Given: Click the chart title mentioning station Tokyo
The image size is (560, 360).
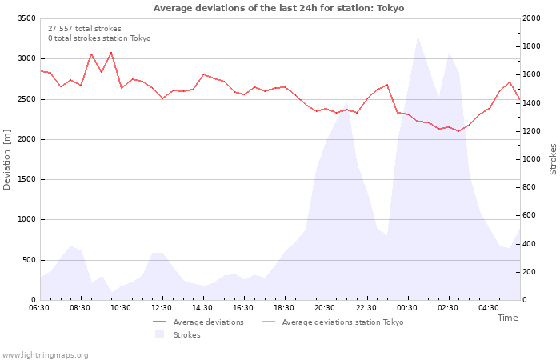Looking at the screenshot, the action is coord(279,8).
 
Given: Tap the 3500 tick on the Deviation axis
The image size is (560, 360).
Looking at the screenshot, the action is coord(26,18).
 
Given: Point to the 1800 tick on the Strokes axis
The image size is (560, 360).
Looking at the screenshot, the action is coord(531,46).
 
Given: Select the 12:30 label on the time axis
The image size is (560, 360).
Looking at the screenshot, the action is coord(162,308).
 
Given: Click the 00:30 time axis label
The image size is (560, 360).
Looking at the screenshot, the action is coord(406,308).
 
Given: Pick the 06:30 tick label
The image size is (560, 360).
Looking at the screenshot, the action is coord(39,308).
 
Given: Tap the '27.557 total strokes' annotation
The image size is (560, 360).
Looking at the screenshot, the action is coord(85,29).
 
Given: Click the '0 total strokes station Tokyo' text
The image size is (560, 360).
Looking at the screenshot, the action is coord(99,38).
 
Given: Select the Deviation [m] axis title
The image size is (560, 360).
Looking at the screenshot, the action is coord(6,160).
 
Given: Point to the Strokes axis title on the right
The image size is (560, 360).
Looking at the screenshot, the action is coord(553,159).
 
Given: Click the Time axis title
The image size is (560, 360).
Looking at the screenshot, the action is coord(507,318).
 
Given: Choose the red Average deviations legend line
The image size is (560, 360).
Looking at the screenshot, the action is coord(160,322).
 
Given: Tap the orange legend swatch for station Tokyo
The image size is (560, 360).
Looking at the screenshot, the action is coord(269,322).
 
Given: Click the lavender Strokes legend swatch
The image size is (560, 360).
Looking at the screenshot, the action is coord(160,334).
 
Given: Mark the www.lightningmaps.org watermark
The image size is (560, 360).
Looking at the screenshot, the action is coord(44,355).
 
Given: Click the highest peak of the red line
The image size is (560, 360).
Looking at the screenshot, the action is coord(111,53).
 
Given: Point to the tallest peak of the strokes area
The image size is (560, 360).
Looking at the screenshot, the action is coord(418,37).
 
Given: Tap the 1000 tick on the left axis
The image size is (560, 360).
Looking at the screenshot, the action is coord(26,220).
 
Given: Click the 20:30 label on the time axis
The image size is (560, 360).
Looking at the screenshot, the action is coord(325,308).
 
